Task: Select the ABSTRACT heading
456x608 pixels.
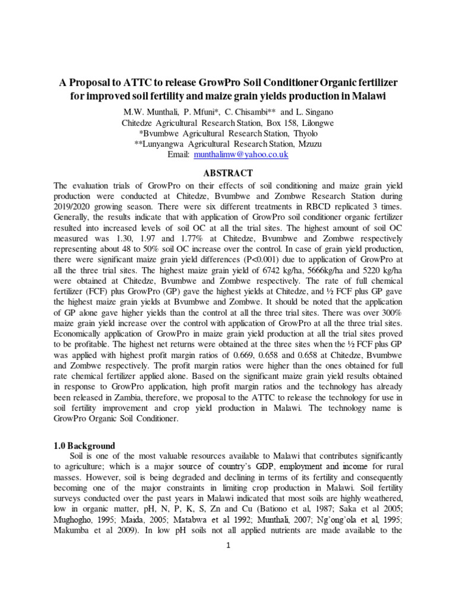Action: [228, 173]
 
